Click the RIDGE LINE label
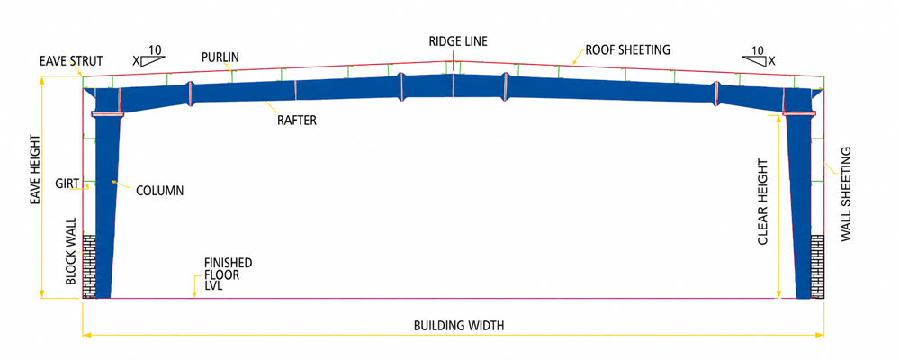coord(457,41)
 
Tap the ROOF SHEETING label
coord(627,49)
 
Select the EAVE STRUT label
coord(70,60)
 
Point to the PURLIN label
coord(220,58)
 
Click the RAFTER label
coord(296,121)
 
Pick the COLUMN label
coord(159,191)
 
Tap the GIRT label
coord(67,184)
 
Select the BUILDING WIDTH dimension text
coord(459,326)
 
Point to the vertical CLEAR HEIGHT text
coord(762,202)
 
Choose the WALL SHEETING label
coord(846,194)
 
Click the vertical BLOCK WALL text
coord(70,251)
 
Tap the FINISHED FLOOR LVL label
coord(229,274)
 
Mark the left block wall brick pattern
coord(89,265)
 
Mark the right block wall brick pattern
coord(817,265)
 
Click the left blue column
coord(107,207)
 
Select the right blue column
coord(799,207)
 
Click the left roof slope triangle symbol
coord(153,61)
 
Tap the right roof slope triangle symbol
coord(754,61)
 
